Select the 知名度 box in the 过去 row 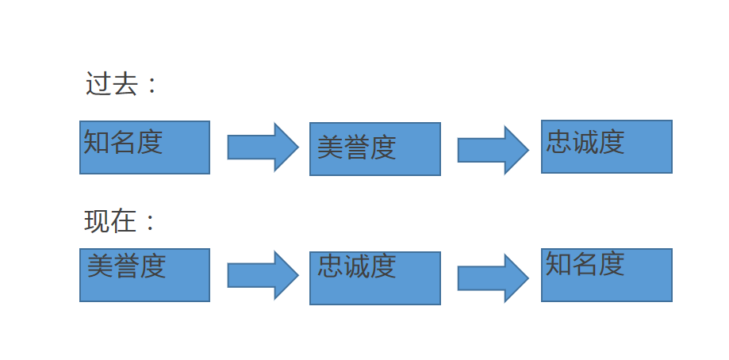pos(144,147)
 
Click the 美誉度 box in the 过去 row pos(374,149)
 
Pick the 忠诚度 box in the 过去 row pos(606,147)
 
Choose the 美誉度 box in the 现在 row pos(144,275)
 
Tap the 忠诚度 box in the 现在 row pos(374,278)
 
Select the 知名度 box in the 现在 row pos(606,275)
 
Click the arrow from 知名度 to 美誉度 pos(263,147)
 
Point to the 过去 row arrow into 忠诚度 pos(493,149)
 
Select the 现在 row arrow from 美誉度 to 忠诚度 pos(263,275)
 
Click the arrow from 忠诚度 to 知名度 pos(493,278)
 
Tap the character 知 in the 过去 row pos(97,142)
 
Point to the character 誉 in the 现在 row pos(126,266)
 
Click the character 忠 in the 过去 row pos(559,142)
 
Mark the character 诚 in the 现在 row pos(356,266)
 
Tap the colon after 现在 pos(152,223)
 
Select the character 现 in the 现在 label pos(97,221)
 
